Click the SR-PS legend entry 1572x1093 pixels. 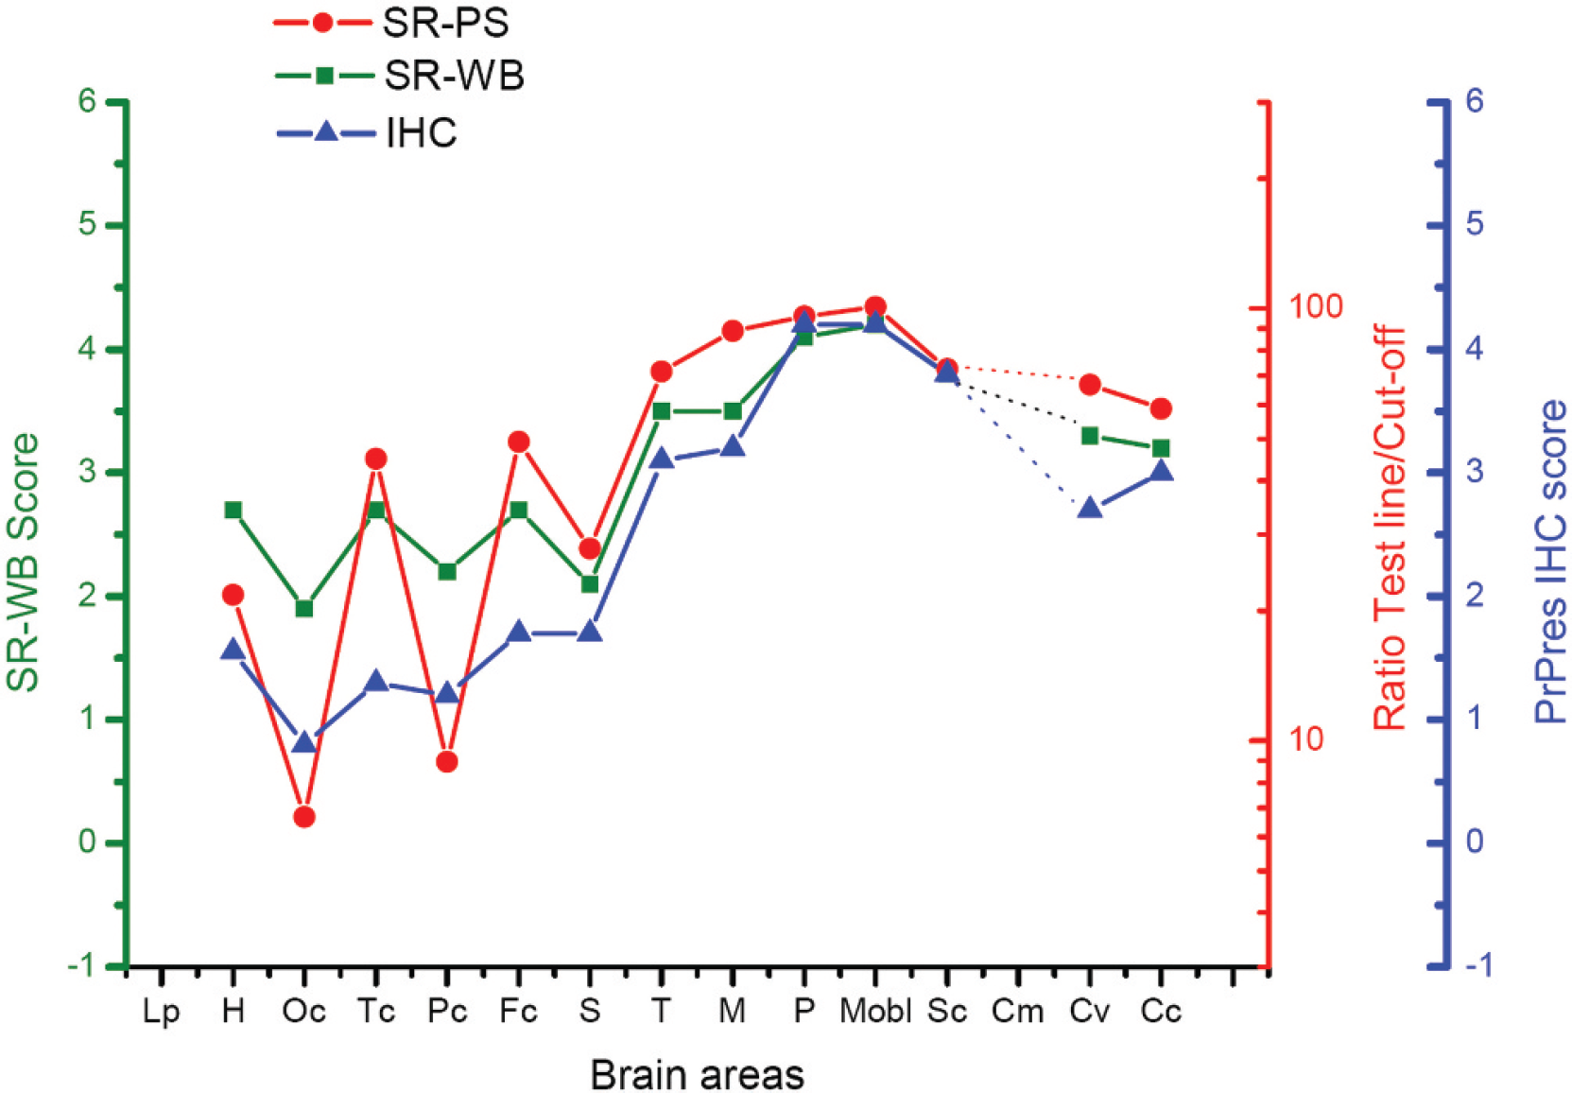click(x=391, y=24)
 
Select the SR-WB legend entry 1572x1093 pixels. click(x=399, y=76)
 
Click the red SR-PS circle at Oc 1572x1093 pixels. click(x=303, y=816)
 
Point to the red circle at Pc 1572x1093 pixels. click(x=447, y=762)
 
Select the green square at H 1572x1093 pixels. click(x=233, y=510)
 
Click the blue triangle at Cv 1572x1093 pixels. click(x=1089, y=507)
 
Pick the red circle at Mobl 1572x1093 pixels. click(x=875, y=306)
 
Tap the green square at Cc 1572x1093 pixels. click(x=1161, y=448)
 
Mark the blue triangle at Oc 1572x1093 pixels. click(x=303, y=742)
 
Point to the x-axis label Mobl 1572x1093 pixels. click(x=875, y=1012)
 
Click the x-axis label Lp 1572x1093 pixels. click(x=162, y=1014)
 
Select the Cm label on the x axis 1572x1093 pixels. click(x=1017, y=1012)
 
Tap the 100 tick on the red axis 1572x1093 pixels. click(x=1311, y=306)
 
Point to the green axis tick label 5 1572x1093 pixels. click(x=87, y=225)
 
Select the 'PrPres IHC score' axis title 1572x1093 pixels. click(x=1551, y=562)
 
